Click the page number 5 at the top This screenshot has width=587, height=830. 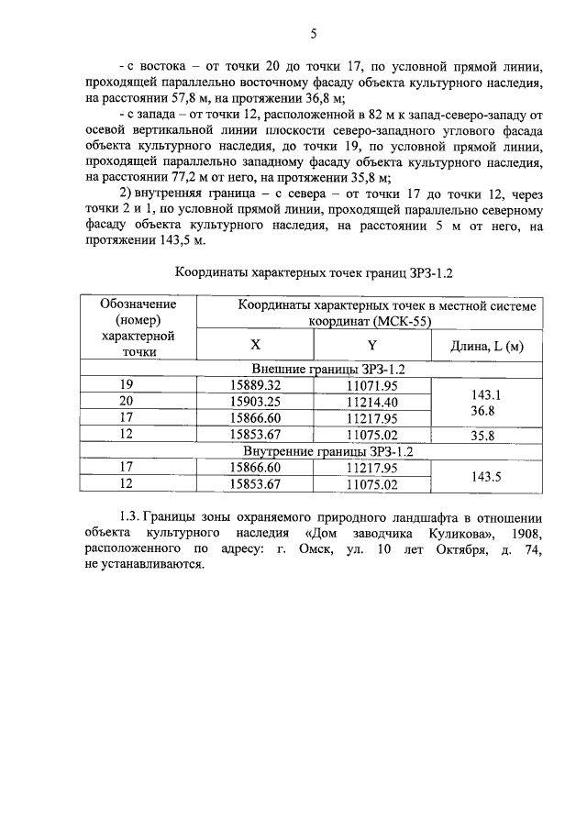point(312,34)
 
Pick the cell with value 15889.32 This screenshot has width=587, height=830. point(256,385)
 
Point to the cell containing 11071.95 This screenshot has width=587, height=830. point(372,385)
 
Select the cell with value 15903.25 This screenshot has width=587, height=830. point(256,402)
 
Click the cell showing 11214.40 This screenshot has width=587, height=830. point(372,402)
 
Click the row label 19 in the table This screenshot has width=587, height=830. point(127,385)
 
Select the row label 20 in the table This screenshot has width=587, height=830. point(127,402)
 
